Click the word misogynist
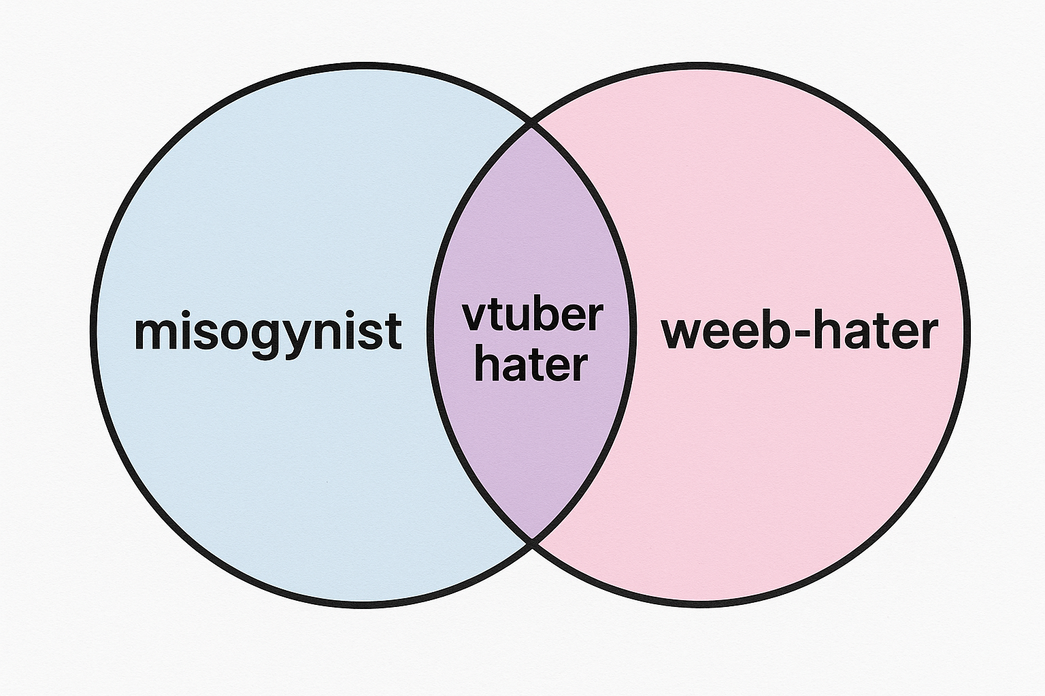click(268, 332)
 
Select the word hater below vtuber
click(531, 365)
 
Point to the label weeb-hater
click(799, 332)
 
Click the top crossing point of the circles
click(531, 124)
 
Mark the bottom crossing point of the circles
click(531, 542)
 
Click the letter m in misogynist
click(153, 333)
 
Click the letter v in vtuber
click(474, 317)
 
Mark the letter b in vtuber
click(542, 315)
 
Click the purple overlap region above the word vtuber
click(531, 224)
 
